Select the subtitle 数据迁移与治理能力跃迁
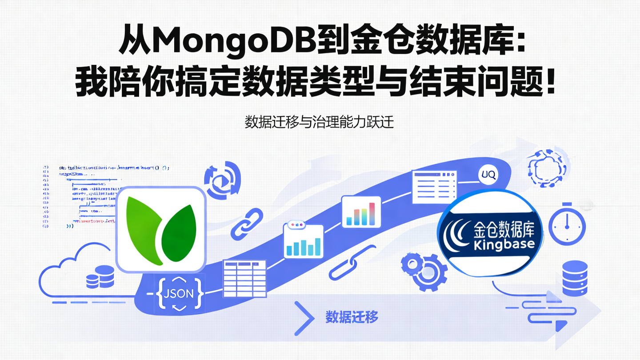click(x=320, y=122)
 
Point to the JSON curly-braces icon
click(x=179, y=293)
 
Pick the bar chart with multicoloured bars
click(x=361, y=212)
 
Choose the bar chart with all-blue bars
click(x=304, y=241)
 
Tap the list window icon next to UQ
click(x=434, y=187)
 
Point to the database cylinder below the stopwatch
click(x=574, y=278)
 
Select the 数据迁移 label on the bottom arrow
click(x=352, y=318)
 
